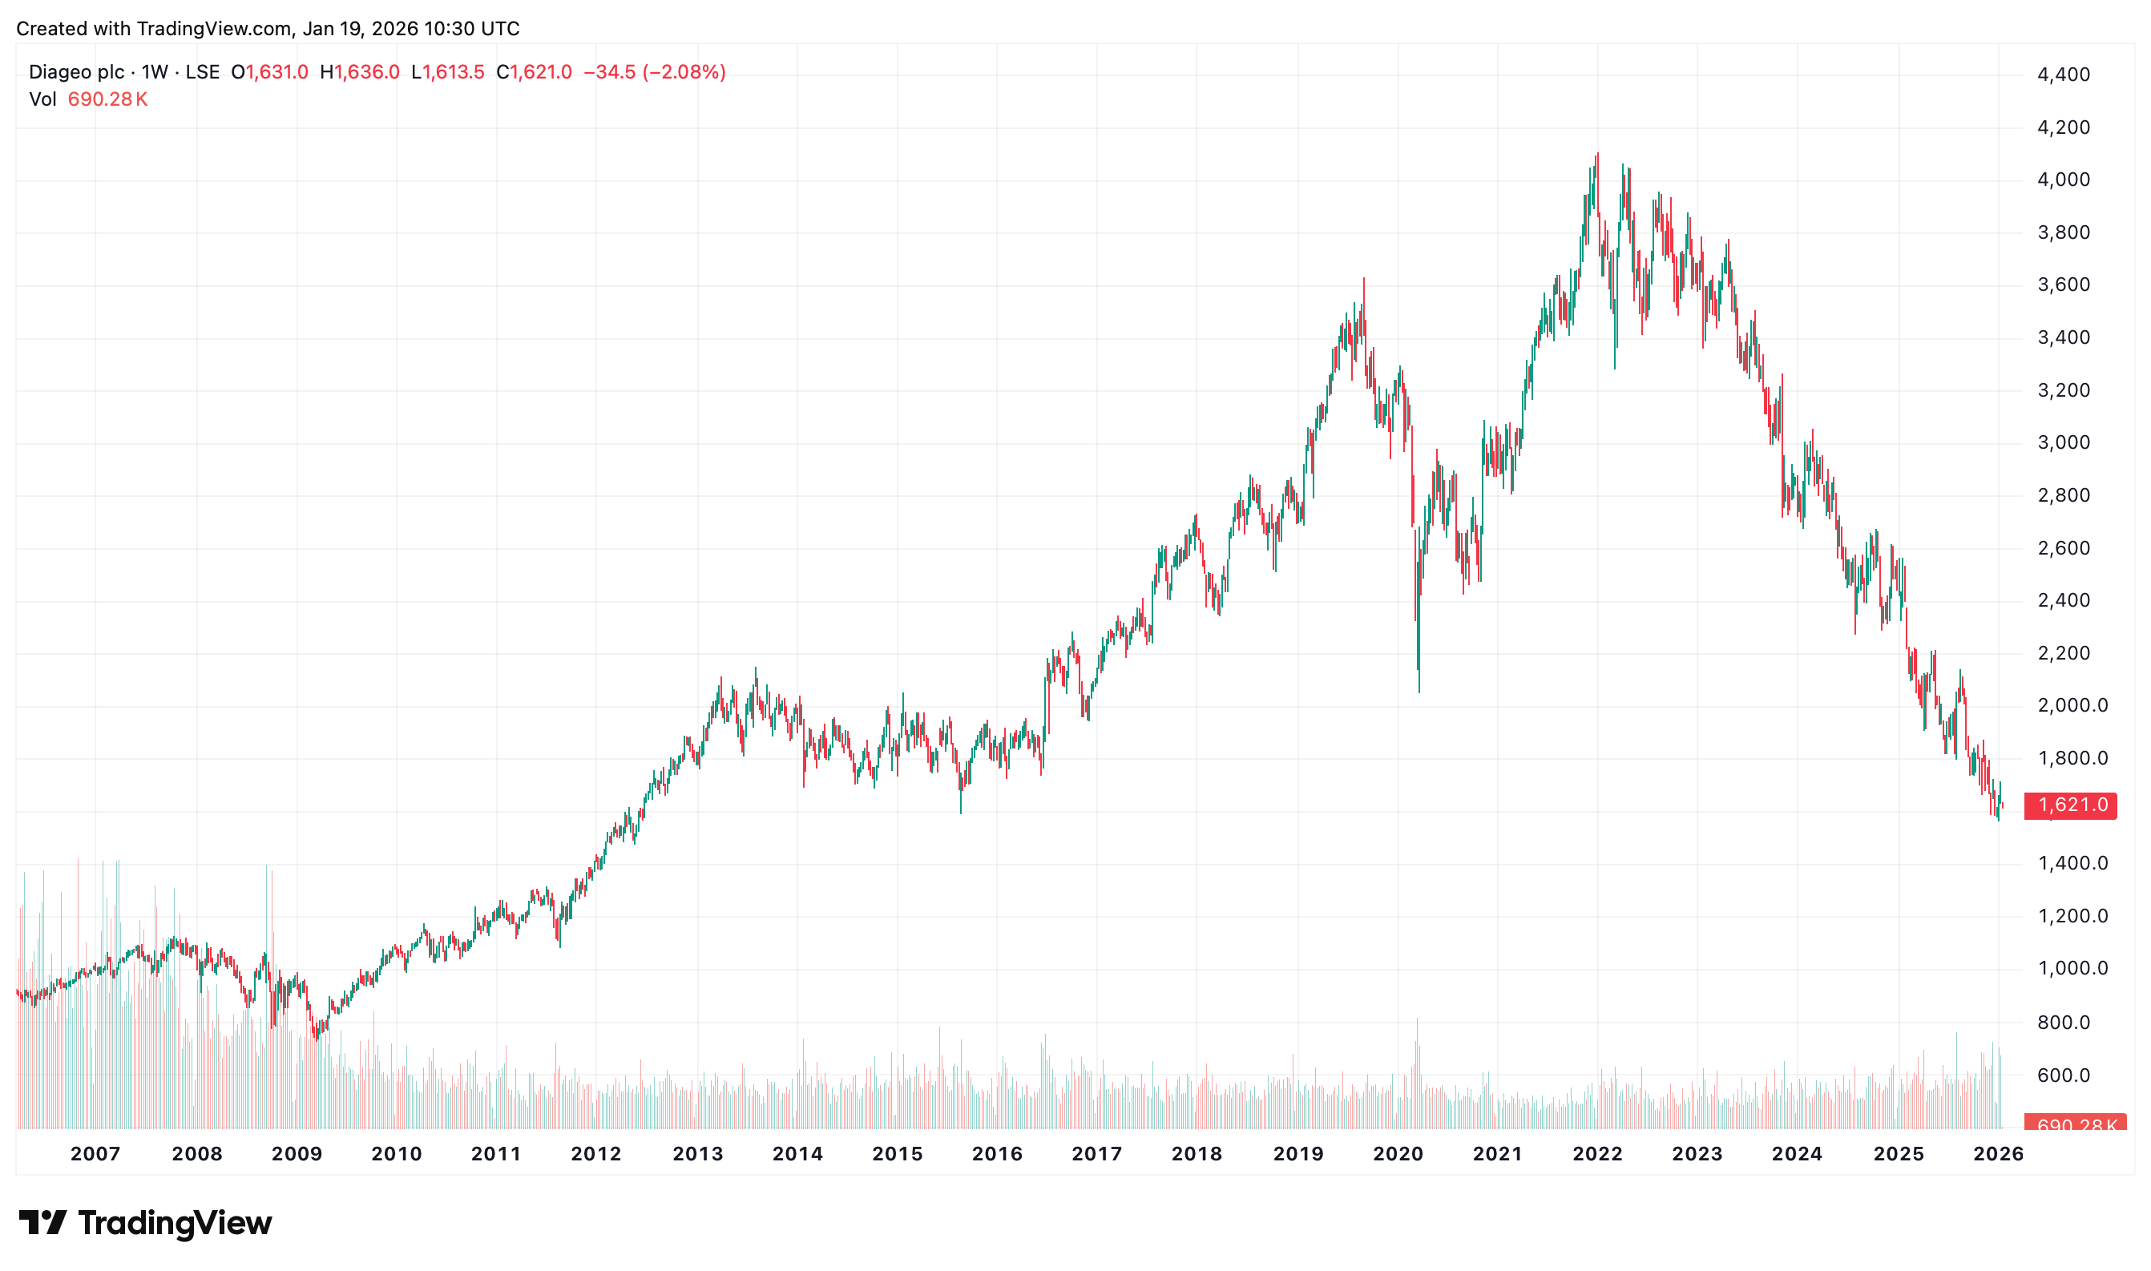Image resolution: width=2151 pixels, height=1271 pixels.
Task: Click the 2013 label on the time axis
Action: (x=697, y=1154)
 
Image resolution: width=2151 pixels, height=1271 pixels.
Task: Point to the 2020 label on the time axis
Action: (x=1398, y=1154)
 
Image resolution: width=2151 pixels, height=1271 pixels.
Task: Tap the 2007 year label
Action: (x=95, y=1154)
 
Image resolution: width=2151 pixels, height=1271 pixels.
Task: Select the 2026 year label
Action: (x=1998, y=1154)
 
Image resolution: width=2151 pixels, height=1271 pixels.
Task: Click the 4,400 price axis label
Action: (x=2063, y=75)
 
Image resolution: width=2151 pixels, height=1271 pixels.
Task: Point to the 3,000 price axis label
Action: (x=2063, y=443)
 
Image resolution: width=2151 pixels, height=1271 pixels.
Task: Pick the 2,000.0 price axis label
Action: (x=2072, y=706)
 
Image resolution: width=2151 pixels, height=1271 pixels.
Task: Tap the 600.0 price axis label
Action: (x=2063, y=1075)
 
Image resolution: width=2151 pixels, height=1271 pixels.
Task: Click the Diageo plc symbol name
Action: (x=76, y=72)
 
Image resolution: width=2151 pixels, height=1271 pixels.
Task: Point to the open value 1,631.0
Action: (x=276, y=72)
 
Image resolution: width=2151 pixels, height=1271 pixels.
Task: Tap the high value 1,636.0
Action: (x=367, y=72)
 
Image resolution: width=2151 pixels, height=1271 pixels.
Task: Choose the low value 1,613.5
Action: (x=453, y=72)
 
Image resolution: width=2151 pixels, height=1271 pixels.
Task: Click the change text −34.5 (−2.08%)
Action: (x=654, y=72)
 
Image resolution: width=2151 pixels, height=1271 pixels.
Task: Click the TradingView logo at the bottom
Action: (x=146, y=1222)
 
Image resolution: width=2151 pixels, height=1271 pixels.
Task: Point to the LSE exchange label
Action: (x=202, y=72)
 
